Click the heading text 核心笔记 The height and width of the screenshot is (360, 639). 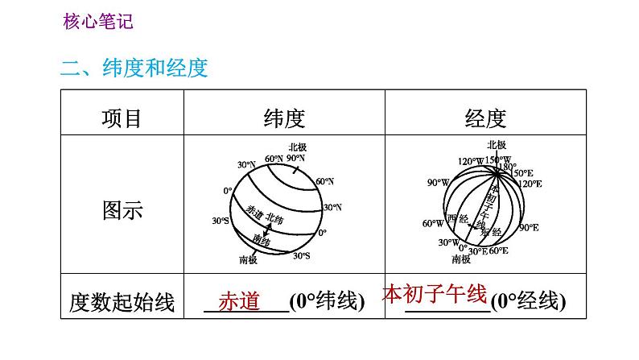click(97, 22)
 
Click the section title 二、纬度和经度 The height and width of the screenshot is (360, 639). click(134, 68)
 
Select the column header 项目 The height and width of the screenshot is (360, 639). click(122, 118)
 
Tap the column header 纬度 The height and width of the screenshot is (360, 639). click(284, 118)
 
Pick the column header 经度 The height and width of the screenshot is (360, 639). click(485, 118)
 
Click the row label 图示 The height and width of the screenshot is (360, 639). click(122, 210)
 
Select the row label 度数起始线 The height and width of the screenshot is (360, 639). click(122, 303)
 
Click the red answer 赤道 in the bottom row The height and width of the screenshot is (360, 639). click(239, 300)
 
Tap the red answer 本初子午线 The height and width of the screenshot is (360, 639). click(435, 292)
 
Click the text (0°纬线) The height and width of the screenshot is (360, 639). click(327, 303)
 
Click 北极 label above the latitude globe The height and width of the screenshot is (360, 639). click(297, 147)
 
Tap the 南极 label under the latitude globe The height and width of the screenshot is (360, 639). click(249, 259)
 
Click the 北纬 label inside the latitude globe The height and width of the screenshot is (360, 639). click(275, 219)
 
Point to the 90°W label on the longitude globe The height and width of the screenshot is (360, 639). click(439, 183)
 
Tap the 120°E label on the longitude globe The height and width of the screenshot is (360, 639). click(529, 184)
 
